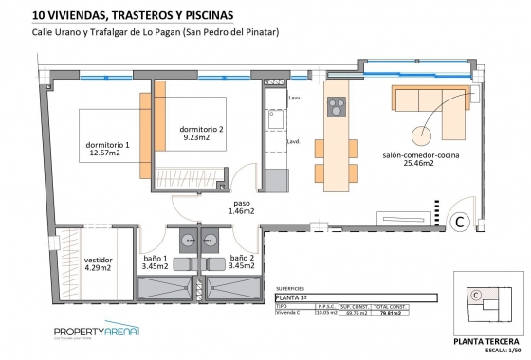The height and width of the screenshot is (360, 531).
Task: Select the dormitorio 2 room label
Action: (x=202, y=134)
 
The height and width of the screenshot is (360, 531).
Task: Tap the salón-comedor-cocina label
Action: (x=408, y=159)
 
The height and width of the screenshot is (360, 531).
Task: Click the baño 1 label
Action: (x=154, y=262)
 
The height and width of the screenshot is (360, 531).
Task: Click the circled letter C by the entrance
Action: (x=459, y=222)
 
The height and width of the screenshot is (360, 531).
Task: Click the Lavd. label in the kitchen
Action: (x=293, y=142)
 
